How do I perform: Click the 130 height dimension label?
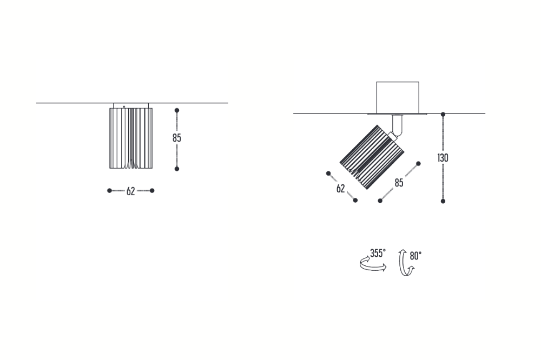coord(443,158)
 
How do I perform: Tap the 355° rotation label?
coord(378,253)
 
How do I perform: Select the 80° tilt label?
coord(415,256)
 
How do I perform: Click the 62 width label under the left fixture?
coord(131,191)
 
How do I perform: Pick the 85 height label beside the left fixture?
coord(177,138)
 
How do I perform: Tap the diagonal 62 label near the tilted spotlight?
coord(340,189)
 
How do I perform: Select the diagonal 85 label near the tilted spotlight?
coord(399,183)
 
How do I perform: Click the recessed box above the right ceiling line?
coord(398,98)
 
